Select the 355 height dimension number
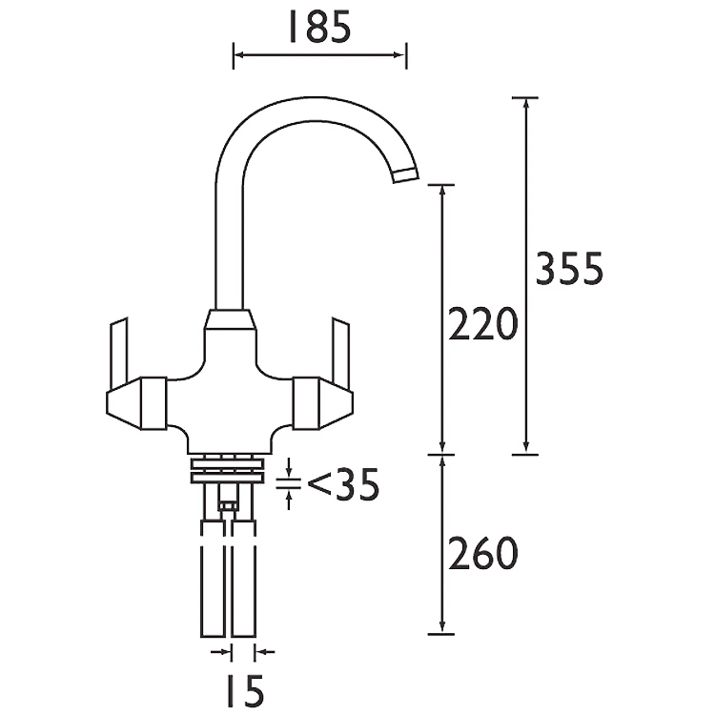[568, 271]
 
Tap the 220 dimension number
[482, 325]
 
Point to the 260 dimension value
[482, 553]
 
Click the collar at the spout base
[231, 320]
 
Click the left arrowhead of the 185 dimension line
[239, 55]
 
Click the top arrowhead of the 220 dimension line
[442, 192]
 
